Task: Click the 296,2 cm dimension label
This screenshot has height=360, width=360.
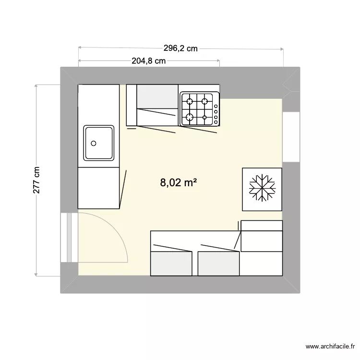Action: tap(180, 48)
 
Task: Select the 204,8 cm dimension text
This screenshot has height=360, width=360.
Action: tap(148, 61)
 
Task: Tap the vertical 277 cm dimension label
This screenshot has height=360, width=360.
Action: tap(36, 180)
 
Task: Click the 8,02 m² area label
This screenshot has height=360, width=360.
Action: tap(179, 183)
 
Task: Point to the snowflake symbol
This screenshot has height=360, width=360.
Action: tap(262, 188)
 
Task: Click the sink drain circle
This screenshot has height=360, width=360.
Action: tap(94, 143)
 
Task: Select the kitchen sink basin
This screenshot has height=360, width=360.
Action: tap(99, 143)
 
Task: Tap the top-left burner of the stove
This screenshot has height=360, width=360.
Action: tap(190, 101)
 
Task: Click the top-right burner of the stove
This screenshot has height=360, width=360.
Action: tap(204, 101)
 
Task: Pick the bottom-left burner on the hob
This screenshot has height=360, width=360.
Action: tap(190, 117)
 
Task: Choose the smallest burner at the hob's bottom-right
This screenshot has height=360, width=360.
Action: tap(204, 117)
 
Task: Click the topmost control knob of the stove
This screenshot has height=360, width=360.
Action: tap(216, 106)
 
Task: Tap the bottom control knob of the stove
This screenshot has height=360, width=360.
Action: tap(216, 122)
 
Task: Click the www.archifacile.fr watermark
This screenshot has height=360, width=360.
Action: tap(330, 347)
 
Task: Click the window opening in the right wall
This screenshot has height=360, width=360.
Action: tap(291, 137)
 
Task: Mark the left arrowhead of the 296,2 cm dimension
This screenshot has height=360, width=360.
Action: tap(80, 48)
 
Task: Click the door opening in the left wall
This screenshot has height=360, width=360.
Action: tap(69, 238)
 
